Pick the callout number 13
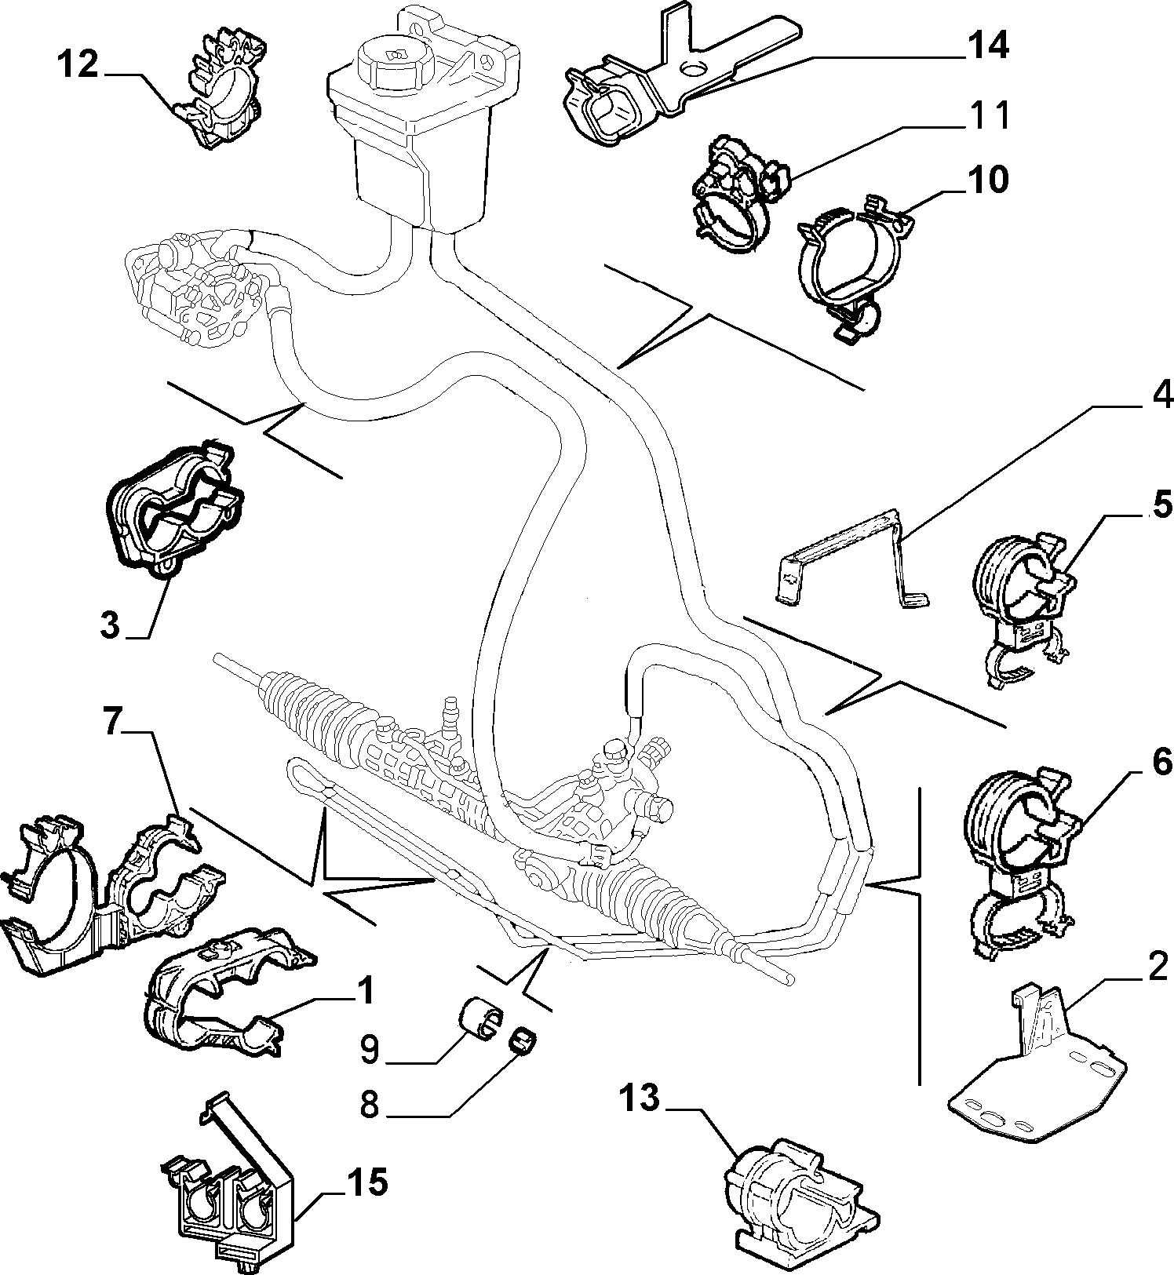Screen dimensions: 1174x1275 [x=640, y=1098]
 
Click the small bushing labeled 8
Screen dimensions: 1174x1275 [x=523, y=1040]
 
